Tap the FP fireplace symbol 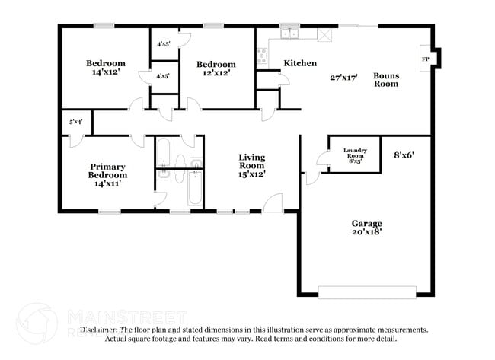425,59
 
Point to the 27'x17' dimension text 344,77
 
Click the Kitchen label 300,63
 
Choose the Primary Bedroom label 107,171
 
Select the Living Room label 252,161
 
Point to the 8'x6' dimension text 404,155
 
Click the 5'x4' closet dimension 76,122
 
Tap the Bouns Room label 385,79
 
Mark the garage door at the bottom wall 367,292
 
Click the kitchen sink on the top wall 289,33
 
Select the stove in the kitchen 262,55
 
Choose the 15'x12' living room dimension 252,174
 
